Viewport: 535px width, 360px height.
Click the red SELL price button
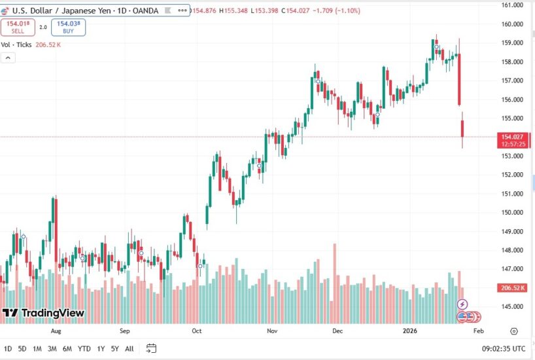[17, 27]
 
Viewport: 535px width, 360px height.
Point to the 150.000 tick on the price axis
[511, 213]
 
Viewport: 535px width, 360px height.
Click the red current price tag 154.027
[511, 137]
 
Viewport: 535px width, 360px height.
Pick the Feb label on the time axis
[478, 331]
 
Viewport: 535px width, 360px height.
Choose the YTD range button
[84, 348]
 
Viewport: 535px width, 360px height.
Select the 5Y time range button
[114, 348]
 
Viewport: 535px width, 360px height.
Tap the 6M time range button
[67, 348]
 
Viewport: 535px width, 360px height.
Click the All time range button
[129, 348]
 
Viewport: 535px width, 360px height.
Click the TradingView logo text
[52, 314]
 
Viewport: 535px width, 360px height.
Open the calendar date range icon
[151, 348]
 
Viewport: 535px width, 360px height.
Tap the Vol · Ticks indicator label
[16, 45]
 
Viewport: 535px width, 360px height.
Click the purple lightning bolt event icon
[462, 304]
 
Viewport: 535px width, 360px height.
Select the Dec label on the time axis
[337, 331]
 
